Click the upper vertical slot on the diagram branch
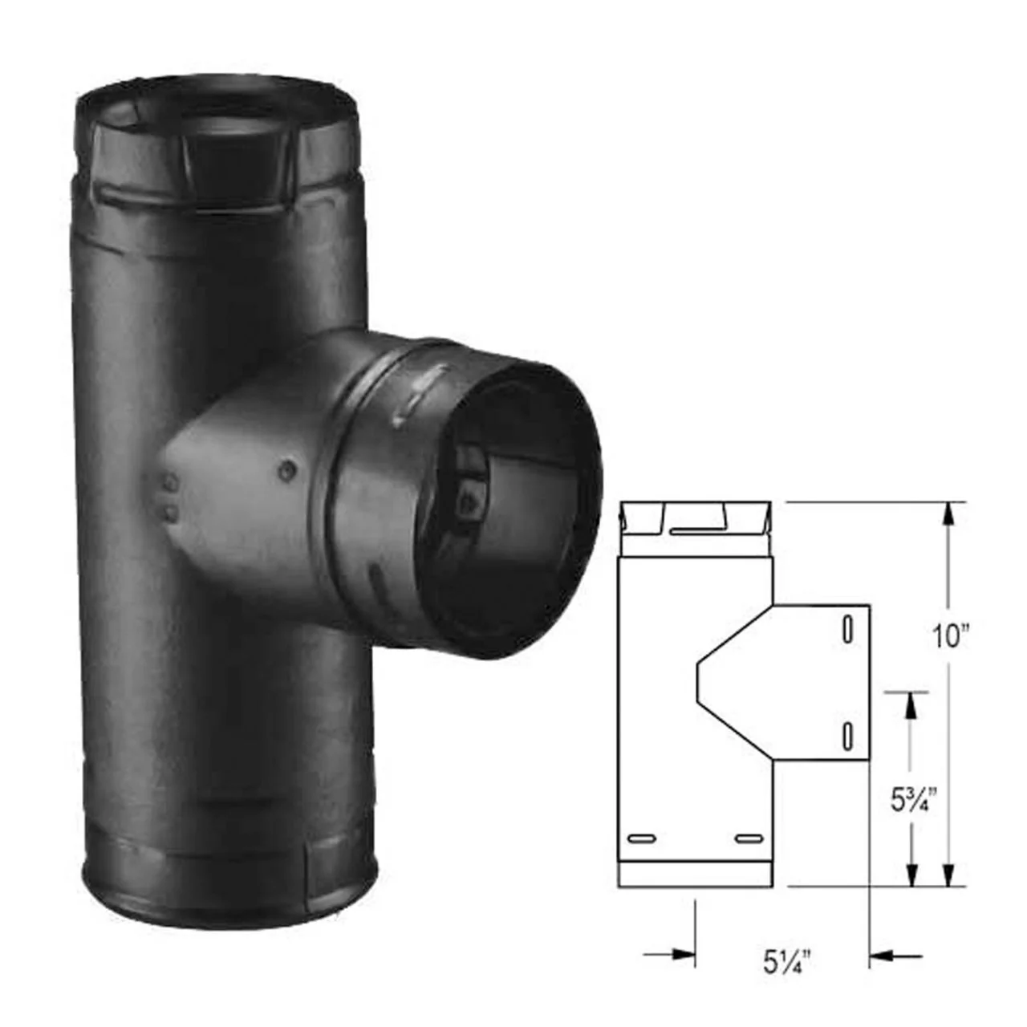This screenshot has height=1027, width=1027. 846,629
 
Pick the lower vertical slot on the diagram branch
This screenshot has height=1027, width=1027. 846,736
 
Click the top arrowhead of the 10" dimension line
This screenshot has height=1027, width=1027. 948,515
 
